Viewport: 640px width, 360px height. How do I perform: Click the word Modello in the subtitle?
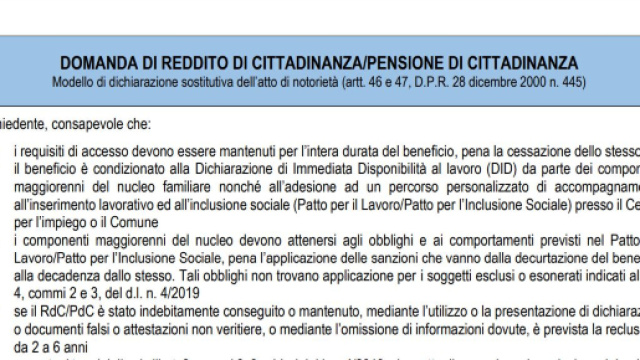(80, 80)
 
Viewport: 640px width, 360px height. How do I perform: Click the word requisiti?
(40, 150)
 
